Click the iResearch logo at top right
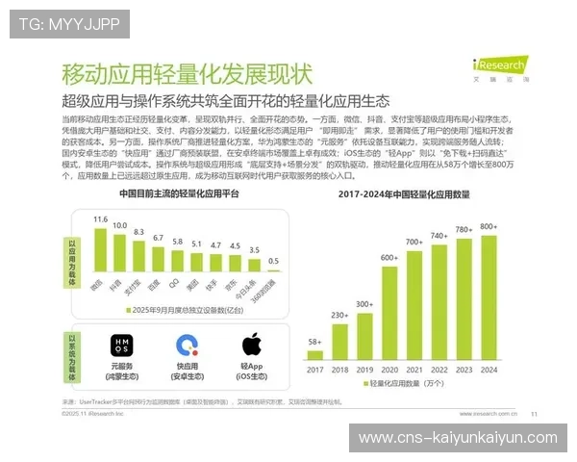point(498,66)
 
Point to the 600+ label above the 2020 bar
point(389,257)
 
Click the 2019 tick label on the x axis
point(364,369)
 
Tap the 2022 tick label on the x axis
point(439,369)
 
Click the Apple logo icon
point(252,344)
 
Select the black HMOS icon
point(121,345)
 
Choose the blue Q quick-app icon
point(188,345)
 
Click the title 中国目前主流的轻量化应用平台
point(179,193)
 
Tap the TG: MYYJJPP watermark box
point(69,24)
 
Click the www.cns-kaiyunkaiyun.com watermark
point(457,438)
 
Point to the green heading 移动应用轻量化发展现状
point(187,73)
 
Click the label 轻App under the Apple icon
point(251,367)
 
